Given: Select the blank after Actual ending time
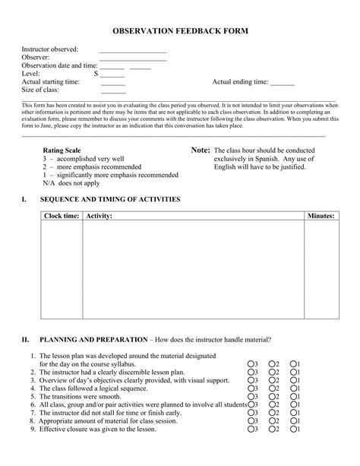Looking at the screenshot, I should (282, 83).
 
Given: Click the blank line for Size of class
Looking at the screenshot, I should (112, 91).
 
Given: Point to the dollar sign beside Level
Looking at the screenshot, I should (96, 74).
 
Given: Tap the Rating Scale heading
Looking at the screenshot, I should (62, 151).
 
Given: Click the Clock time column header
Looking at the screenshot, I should (62, 217).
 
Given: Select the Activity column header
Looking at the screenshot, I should (99, 217).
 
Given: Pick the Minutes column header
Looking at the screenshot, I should (321, 217).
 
